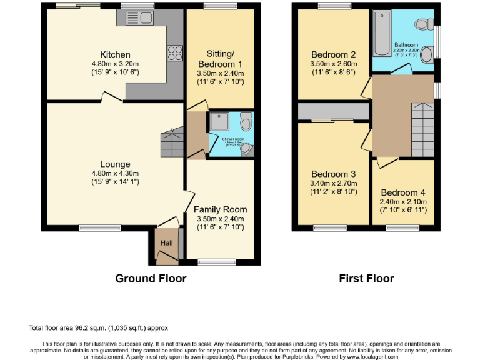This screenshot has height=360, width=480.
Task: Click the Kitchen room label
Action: pos(116,54)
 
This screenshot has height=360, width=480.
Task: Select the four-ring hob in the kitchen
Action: pos(174,54)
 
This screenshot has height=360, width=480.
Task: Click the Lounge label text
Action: pos(115,164)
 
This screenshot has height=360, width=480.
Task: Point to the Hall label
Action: pos(166,243)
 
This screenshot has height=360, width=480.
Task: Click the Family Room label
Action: pos(220,209)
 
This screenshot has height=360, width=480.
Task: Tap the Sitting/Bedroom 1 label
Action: pos(220,59)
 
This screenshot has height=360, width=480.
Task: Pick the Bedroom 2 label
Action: pos(333,54)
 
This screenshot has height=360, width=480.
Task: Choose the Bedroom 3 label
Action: pos(333,174)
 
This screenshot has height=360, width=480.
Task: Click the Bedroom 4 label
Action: pos(403,192)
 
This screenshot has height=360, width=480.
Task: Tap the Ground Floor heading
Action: pos(151,279)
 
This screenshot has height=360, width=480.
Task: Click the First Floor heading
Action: pos(366,279)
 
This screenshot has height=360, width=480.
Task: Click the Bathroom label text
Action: pos(406,45)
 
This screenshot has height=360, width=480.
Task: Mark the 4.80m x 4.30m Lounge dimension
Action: pos(115,173)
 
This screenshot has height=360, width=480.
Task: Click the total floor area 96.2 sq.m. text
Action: pos(98,327)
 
